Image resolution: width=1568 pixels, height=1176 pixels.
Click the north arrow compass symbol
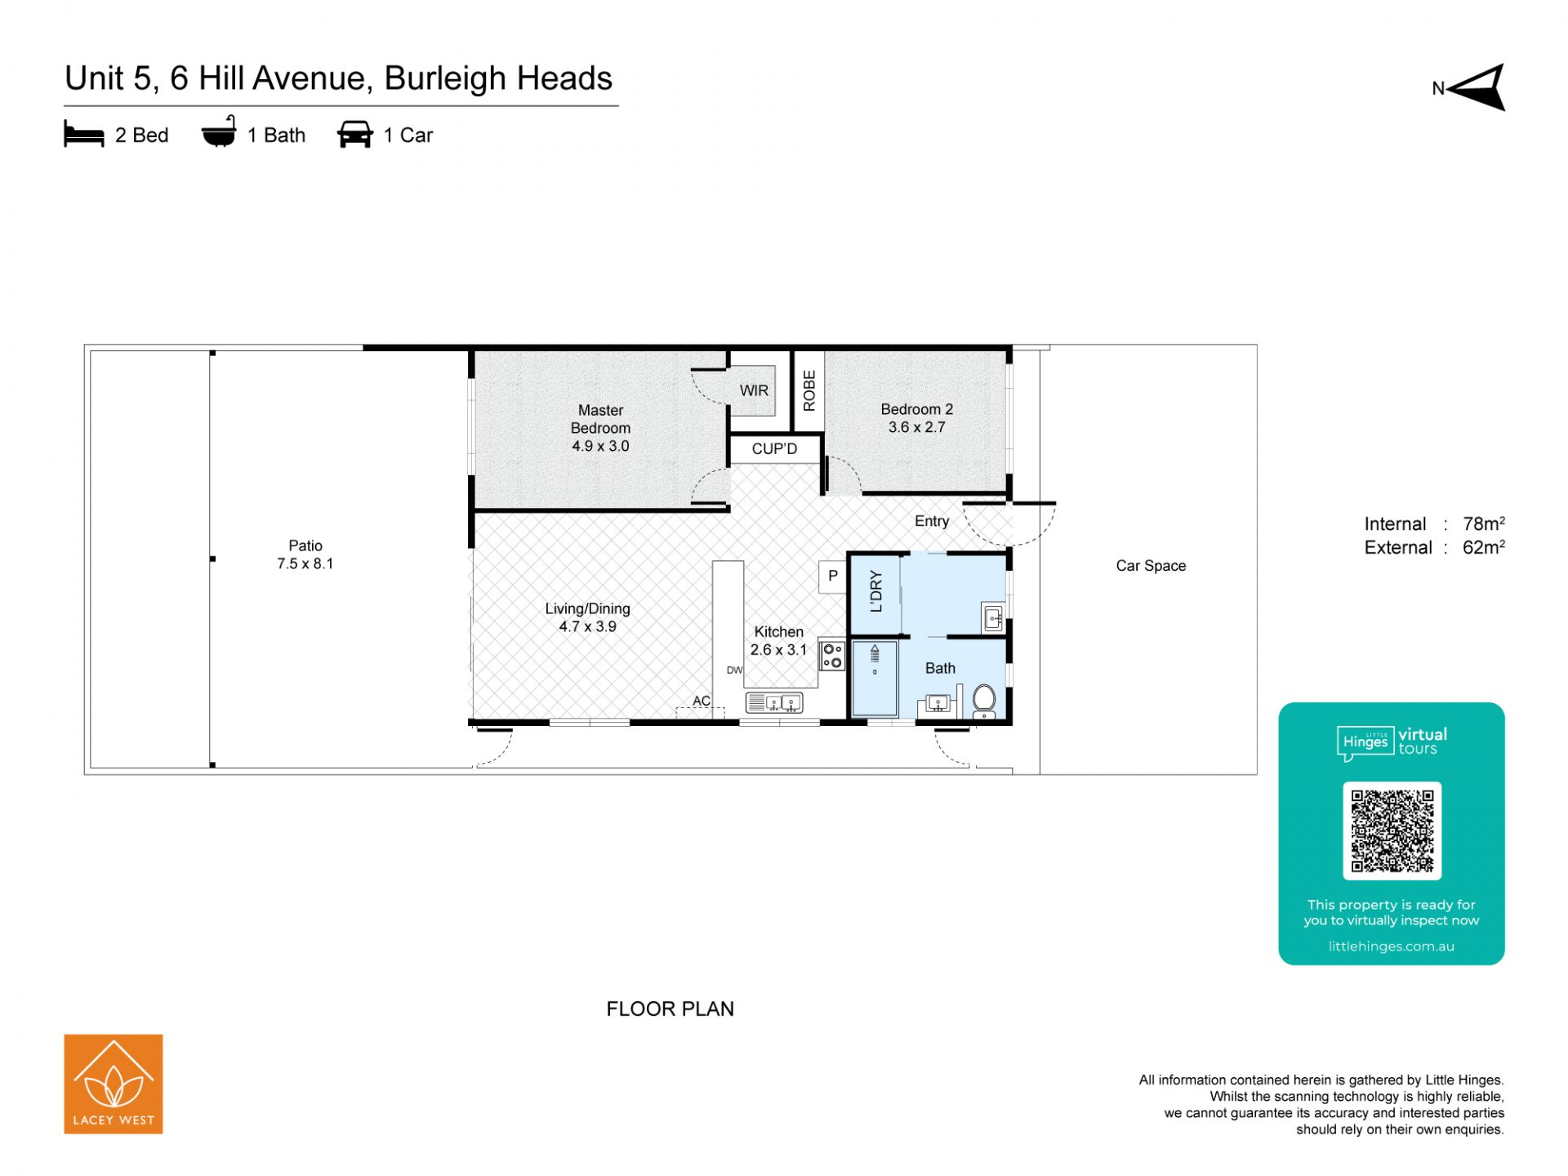[x=1478, y=87]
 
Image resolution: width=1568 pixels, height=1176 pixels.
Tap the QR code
[x=1392, y=831]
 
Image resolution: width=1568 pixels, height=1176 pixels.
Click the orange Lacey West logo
[x=114, y=1084]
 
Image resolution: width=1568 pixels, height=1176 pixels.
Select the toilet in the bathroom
[x=984, y=702]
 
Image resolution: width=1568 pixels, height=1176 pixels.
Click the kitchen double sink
[x=774, y=702]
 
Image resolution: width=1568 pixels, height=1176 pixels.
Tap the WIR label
[x=754, y=390]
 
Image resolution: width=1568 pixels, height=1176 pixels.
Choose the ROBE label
[x=809, y=390]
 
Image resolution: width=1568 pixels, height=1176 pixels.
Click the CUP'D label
[x=774, y=448]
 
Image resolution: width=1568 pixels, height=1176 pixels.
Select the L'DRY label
[x=876, y=591]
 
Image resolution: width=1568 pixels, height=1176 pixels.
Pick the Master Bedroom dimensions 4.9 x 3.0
[x=600, y=446]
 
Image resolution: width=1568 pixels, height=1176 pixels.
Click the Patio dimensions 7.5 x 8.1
[x=305, y=563]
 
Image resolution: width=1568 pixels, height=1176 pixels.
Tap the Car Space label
[x=1151, y=566]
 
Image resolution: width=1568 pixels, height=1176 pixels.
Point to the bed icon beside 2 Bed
[x=84, y=135]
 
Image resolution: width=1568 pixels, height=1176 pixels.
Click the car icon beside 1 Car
[x=354, y=135]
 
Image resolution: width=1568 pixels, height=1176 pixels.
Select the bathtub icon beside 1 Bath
[x=219, y=131]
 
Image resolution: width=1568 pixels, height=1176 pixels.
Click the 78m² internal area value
[x=1484, y=523]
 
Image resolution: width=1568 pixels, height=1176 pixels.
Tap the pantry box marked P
[x=833, y=577]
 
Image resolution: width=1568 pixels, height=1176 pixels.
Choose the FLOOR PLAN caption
[x=670, y=1009]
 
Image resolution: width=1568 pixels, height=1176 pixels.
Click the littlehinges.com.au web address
[x=1392, y=947]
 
